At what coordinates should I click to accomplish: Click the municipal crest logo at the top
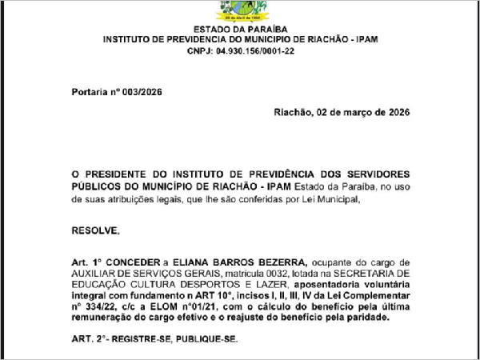(x=240, y=10)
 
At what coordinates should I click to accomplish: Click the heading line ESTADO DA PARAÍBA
(x=240, y=27)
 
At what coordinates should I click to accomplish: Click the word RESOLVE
(x=94, y=231)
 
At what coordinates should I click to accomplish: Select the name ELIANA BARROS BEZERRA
(x=257, y=262)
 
